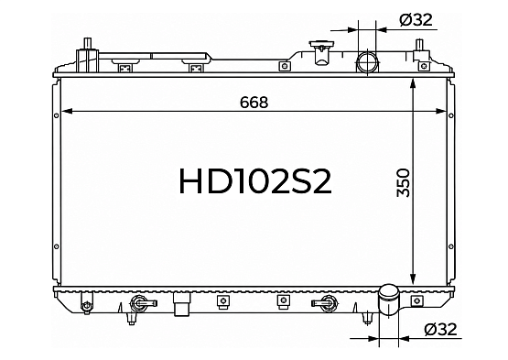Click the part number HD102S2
click(x=255, y=181)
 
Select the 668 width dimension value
click(x=254, y=103)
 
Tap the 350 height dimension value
click(x=404, y=183)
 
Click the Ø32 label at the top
click(x=416, y=20)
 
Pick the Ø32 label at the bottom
click(x=440, y=329)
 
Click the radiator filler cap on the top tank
click(x=320, y=53)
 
